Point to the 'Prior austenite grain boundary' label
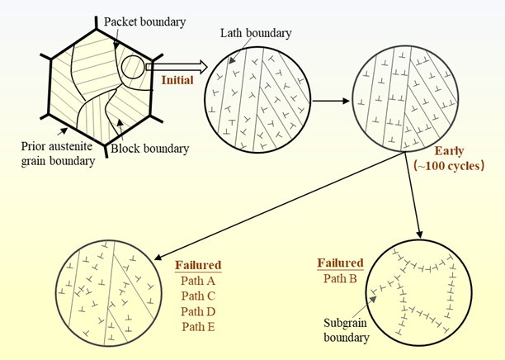tap(57, 154)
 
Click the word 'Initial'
tap(178, 81)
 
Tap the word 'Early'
tap(449, 151)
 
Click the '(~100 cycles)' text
tap(449, 165)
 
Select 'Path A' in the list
tap(198, 281)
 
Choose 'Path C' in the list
tap(198, 296)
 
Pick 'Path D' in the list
tap(198, 310)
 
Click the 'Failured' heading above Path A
tap(198, 265)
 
